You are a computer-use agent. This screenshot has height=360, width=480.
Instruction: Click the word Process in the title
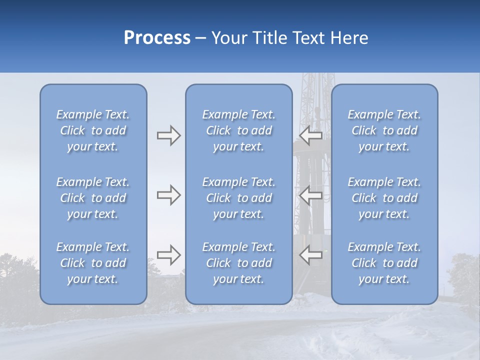(x=157, y=38)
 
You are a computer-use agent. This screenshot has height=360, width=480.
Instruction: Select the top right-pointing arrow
(x=169, y=135)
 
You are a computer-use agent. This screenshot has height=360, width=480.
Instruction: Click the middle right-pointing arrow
(x=169, y=194)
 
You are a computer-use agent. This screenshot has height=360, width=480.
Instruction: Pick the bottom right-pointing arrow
(x=169, y=254)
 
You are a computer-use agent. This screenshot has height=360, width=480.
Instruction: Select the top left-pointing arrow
(x=311, y=135)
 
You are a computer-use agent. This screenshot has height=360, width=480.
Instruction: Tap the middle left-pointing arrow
(x=311, y=194)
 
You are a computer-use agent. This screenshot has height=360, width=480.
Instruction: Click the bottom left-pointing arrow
(x=311, y=254)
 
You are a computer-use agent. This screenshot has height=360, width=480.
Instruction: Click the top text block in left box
(x=93, y=130)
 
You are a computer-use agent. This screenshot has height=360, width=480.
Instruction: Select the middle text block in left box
(x=93, y=198)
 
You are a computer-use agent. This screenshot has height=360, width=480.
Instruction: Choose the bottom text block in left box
(x=93, y=263)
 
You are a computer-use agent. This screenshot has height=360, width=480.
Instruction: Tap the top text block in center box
(x=239, y=130)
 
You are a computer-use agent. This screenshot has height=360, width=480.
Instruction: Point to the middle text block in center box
(x=239, y=198)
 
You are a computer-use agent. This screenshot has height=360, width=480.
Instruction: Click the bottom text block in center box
(x=239, y=263)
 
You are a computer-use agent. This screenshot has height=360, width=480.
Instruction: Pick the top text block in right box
(x=384, y=130)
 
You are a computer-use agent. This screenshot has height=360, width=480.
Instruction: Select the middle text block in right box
(x=384, y=198)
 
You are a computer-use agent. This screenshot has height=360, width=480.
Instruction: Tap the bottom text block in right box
(x=384, y=263)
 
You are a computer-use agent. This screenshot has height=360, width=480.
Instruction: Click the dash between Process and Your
(x=201, y=38)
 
